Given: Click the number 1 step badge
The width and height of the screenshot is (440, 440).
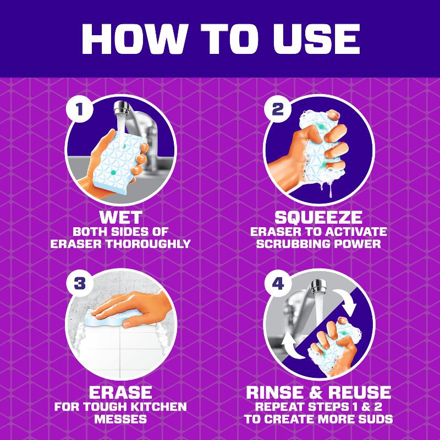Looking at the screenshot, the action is pos(80,109).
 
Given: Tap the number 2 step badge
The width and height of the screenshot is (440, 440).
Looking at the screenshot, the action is pos(278,109).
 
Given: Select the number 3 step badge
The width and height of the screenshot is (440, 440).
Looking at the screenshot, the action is pos(80,283).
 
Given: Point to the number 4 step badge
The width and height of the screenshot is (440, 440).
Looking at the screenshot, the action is pos(278,284).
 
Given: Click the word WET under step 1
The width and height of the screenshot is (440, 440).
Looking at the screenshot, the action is pos(120,217).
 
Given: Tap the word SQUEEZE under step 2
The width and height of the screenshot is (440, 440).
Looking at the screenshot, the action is pos(318,217).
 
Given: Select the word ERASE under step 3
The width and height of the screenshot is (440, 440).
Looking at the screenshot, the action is pos(120,392).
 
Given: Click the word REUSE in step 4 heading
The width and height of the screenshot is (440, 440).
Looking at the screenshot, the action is pos(360,392).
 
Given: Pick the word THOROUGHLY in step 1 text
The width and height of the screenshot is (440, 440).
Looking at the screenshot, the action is pos(148,244).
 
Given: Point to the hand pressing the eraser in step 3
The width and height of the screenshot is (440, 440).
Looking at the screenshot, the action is pos(132,308).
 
